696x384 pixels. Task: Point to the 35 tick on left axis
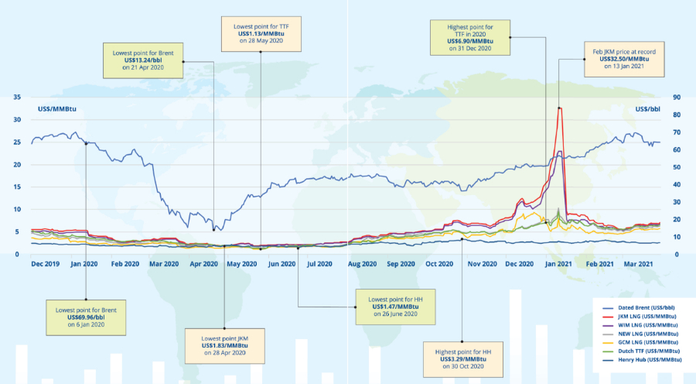point(16,98)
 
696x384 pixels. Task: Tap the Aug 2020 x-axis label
point(362,265)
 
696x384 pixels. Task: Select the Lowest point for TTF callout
point(261,35)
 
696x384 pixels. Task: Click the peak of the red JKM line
point(559,108)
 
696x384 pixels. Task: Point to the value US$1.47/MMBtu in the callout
point(393,307)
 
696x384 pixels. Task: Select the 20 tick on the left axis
point(16,165)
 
